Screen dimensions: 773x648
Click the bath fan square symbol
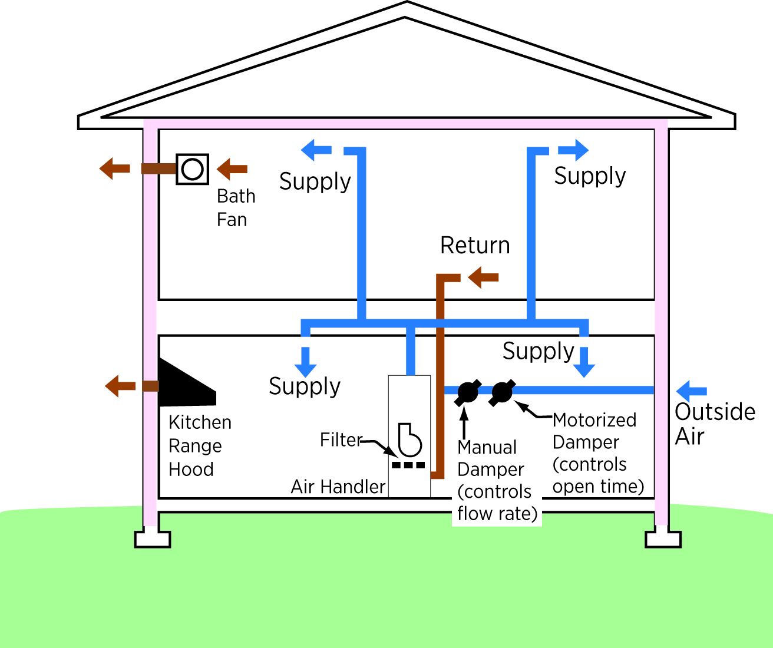point(193,169)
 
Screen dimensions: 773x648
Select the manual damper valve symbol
point(467,392)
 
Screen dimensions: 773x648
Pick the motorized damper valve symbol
point(502,392)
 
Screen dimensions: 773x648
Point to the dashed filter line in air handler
point(408,465)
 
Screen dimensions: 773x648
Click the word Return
point(475,246)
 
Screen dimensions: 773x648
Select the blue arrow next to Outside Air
point(692,391)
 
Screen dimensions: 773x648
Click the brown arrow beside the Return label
point(484,277)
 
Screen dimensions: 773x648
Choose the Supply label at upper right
point(590,176)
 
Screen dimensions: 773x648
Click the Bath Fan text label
point(236,207)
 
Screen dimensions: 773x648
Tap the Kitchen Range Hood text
point(199,446)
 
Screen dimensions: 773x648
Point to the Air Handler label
point(338,487)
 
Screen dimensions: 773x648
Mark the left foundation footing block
point(152,539)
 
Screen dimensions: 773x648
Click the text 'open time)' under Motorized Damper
point(598,487)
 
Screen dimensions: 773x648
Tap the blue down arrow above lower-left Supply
point(305,362)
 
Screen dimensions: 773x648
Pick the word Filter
point(340,439)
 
